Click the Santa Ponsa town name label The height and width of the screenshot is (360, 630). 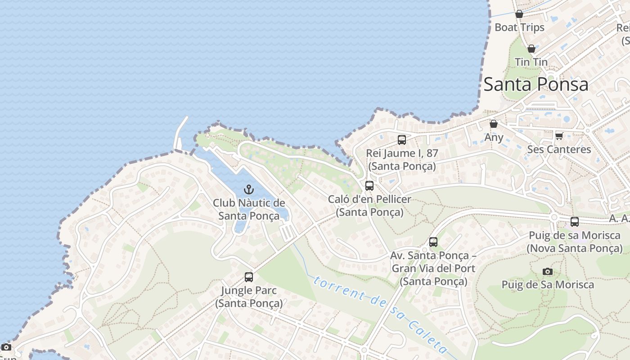pyautogui.click(x=535, y=84)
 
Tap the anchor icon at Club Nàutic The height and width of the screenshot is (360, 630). pyautogui.click(x=249, y=189)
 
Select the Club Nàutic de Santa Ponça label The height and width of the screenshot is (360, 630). pyautogui.click(x=249, y=209)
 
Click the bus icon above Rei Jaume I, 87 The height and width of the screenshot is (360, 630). pyautogui.click(x=402, y=140)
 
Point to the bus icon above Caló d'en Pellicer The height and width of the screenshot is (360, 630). pyautogui.click(x=369, y=185)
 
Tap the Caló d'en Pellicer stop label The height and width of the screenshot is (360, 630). pyautogui.click(x=369, y=206)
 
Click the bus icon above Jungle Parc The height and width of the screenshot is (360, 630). pyautogui.click(x=249, y=277)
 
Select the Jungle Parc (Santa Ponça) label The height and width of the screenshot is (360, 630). pyautogui.click(x=249, y=297)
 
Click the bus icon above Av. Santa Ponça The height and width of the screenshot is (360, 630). pyautogui.click(x=433, y=242)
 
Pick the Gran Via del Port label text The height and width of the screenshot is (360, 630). pyautogui.click(x=433, y=269)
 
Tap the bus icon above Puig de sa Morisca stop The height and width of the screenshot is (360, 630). pyautogui.click(x=575, y=222)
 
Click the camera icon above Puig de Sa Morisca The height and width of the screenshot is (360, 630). pyautogui.click(x=548, y=271)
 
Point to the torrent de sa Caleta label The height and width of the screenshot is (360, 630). pyautogui.click(x=380, y=315)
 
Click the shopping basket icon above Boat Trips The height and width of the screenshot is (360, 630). pyautogui.click(x=519, y=14)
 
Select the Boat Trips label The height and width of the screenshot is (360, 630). pyautogui.click(x=519, y=27)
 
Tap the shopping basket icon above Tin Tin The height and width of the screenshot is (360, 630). pyautogui.click(x=531, y=49)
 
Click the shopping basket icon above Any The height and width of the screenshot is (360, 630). pyautogui.click(x=494, y=124)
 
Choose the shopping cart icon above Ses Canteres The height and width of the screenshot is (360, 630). pyautogui.click(x=559, y=136)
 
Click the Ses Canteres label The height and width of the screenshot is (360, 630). pyautogui.click(x=559, y=149)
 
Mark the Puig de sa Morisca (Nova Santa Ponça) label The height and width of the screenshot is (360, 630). pyautogui.click(x=575, y=242)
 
